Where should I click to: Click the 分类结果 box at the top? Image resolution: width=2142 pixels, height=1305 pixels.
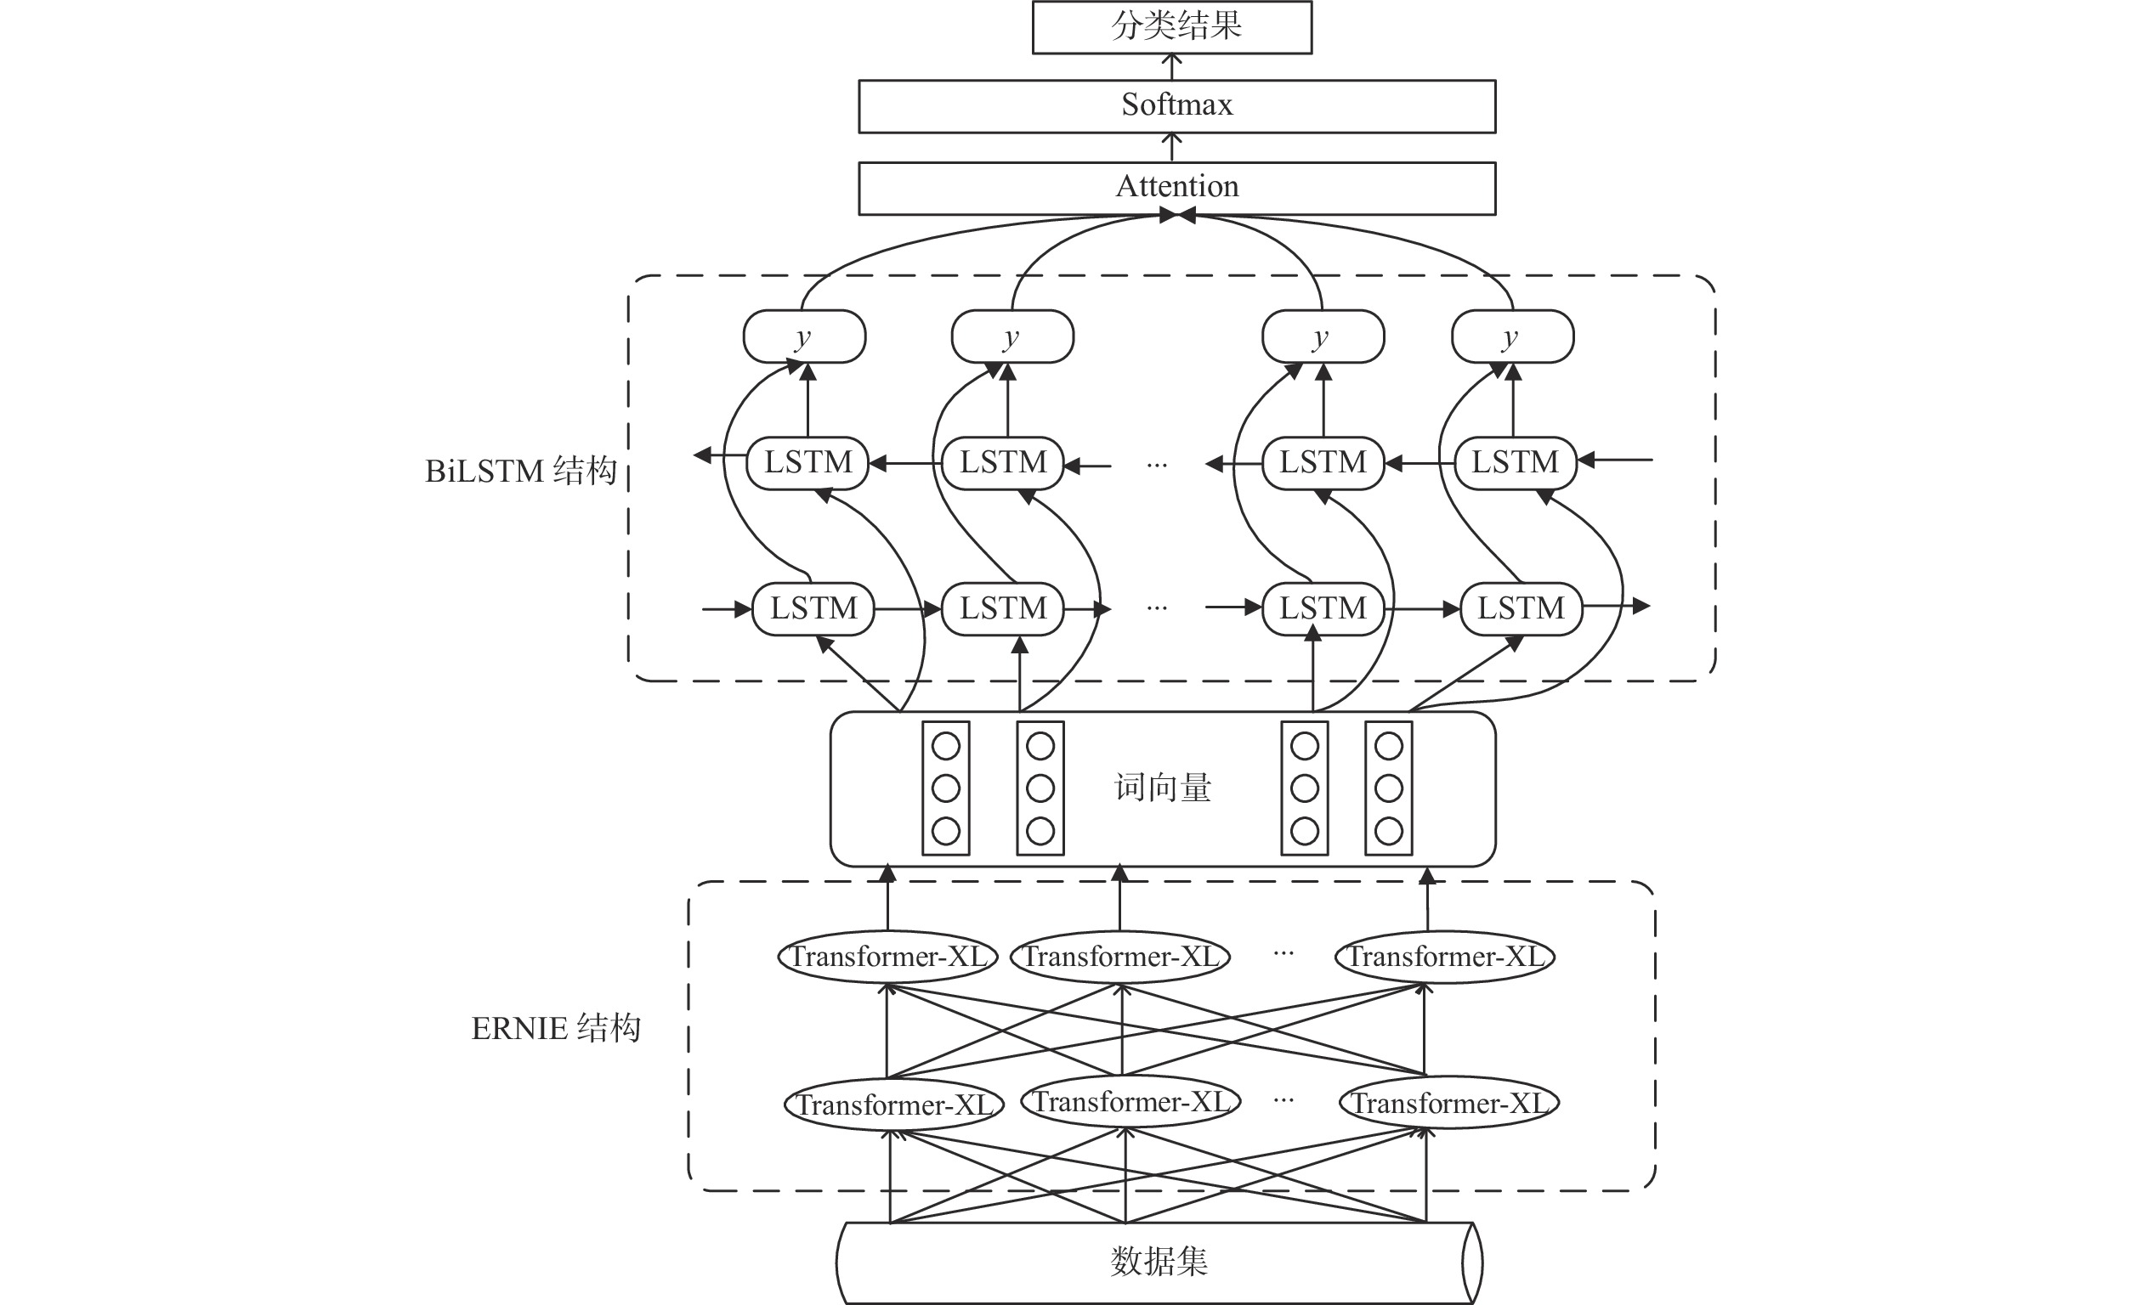(1172, 27)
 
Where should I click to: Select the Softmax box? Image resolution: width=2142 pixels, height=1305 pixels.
(1176, 106)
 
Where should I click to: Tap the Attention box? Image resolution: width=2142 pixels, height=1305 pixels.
(1176, 188)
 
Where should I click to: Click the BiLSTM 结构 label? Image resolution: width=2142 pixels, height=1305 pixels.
(521, 471)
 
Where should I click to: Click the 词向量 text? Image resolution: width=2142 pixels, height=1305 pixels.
(1162, 788)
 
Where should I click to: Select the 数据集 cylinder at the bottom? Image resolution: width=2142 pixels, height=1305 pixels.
(1158, 1262)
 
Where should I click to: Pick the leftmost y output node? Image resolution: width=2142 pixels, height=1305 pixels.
(804, 336)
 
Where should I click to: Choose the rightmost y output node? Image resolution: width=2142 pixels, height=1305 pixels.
(1513, 336)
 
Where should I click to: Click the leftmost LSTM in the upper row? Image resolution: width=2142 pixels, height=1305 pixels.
(807, 462)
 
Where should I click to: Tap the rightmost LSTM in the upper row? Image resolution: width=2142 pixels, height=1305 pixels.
(1516, 462)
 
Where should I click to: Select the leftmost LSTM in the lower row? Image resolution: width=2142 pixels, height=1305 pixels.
(813, 608)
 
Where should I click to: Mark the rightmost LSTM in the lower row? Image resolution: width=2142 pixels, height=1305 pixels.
(1521, 608)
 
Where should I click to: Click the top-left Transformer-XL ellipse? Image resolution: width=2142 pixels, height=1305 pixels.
(887, 957)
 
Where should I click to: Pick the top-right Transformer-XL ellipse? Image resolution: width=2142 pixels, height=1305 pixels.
(1445, 957)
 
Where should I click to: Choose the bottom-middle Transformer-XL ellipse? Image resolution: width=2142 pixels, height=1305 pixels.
(1130, 1102)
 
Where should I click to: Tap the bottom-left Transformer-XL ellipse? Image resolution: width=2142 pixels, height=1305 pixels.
(894, 1105)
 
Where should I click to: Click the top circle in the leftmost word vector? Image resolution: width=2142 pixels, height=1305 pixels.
(946, 746)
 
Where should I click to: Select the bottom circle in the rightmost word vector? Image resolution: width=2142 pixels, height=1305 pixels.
(1388, 831)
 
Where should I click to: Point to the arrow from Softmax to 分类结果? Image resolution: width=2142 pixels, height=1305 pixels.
(1172, 67)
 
